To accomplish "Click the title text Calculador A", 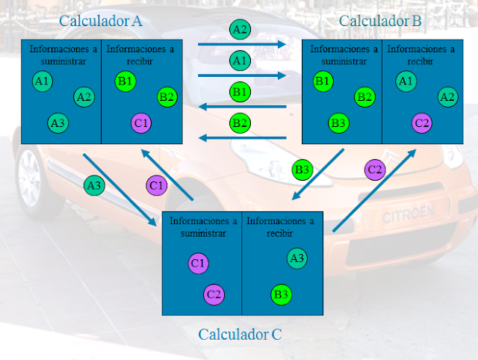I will (x=100, y=21).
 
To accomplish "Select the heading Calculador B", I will (x=380, y=21).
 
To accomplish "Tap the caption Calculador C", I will (x=240, y=334).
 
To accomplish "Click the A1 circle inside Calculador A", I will (x=43, y=81).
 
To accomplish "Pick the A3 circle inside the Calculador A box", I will (x=58, y=122).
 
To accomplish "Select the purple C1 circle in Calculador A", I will (x=141, y=122).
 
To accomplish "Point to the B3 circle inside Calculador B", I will (x=339, y=122).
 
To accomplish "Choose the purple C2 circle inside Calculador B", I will (x=422, y=122).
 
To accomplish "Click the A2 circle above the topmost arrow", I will (x=240, y=30).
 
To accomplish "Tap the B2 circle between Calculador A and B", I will (x=240, y=122).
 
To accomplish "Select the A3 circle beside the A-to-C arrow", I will (x=93, y=185).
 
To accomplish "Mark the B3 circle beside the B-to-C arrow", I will (x=302, y=170).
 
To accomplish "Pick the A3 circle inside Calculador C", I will (x=297, y=258).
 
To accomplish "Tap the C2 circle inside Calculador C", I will (x=214, y=294).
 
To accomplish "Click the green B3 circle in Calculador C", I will (x=282, y=294).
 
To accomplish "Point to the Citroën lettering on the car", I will (x=407, y=214).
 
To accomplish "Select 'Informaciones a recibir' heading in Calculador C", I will (x=281, y=226).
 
